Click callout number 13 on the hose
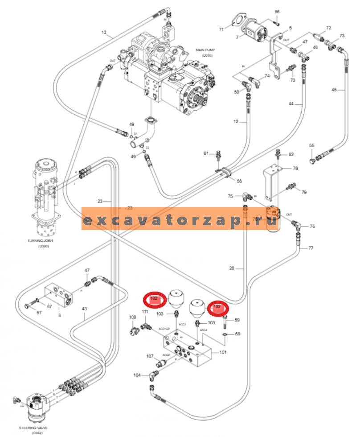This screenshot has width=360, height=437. click(x=104, y=33)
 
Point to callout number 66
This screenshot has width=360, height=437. click(x=277, y=12)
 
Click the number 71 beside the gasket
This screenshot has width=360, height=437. click(x=221, y=29)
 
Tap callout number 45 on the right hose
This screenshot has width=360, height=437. click(x=334, y=90)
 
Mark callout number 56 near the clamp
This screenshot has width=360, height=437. click(x=239, y=181)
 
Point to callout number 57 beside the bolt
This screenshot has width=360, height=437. click(x=27, y=313)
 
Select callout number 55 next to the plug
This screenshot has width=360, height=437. click(x=312, y=146)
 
